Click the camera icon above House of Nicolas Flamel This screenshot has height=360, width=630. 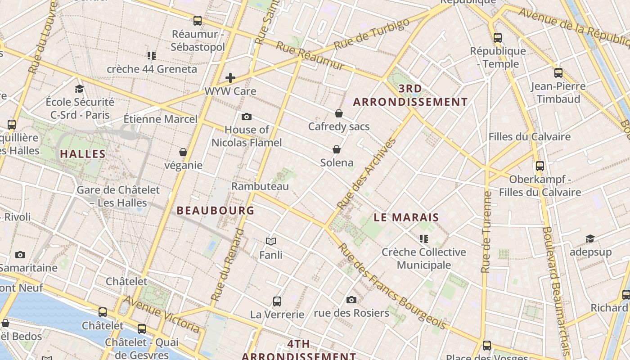(x=246, y=117)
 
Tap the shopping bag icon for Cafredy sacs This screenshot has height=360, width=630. (x=339, y=113)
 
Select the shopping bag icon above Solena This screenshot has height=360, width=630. (x=336, y=149)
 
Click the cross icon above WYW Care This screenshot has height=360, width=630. (x=230, y=78)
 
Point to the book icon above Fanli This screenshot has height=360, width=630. (x=270, y=242)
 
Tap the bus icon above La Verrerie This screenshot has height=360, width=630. (x=277, y=301)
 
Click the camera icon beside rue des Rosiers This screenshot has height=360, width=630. (x=351, y=300)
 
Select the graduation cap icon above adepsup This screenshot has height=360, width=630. (x=590, y=238)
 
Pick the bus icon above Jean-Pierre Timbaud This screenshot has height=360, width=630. (x=558, y=72)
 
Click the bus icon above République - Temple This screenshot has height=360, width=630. (x=498, y=37)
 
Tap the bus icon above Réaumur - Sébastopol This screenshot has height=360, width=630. (x=198, y=21)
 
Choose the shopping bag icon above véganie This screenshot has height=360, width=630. (x=183, y=152)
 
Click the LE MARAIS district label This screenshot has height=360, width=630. (x=406, y=217)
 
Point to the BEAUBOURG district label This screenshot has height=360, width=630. (x=216, y=210)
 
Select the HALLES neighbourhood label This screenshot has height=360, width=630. (x=83, y=154)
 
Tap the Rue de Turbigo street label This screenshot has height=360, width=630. (x=373, y=34)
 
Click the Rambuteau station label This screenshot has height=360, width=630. (x=260, y=186)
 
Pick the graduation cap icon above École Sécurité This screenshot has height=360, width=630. (x=80, y=89)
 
